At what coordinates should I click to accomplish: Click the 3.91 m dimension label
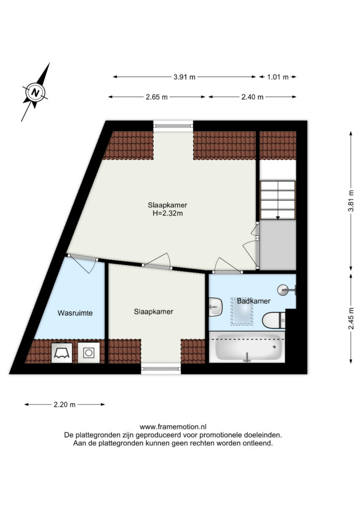[184, 77]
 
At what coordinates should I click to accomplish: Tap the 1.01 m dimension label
[277, 77]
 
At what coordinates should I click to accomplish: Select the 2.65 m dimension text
[157, 97]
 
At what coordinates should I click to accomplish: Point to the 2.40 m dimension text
[252, 97]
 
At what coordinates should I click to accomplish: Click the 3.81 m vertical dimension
[351, 201]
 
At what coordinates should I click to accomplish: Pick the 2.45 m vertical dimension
[351, 319]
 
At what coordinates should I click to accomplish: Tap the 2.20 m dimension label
[65, 405]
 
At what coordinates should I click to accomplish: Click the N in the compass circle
[35, 93]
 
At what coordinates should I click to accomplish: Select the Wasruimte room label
[75, 313]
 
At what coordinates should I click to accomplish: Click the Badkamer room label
[254, 301]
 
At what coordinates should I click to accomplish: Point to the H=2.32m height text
[168, 213]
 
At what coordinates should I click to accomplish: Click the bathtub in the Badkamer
[247, 347]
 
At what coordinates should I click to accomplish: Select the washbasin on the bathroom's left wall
[215, 307]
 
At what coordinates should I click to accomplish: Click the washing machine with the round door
[89, 352]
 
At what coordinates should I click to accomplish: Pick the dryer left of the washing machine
[62, 353]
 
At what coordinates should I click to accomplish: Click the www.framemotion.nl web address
[173, 427]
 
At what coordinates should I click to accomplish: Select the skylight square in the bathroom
[242, 311]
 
